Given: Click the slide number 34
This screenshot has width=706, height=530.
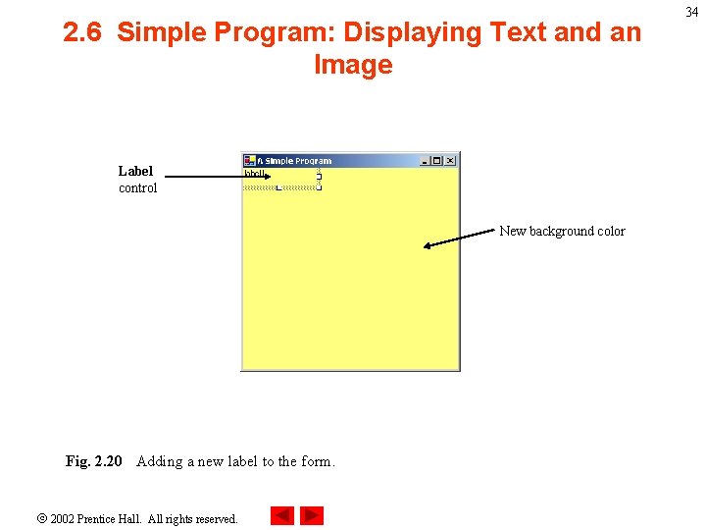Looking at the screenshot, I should pyautogui.click(x=692, y=12).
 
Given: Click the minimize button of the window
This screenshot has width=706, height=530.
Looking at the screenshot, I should pyautogui.click(x=425, y=161).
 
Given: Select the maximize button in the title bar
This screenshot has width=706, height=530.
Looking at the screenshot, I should pyautogui.click(x=437, y=161).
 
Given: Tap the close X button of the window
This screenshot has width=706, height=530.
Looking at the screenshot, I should pyautogui.click(x=450, y=161).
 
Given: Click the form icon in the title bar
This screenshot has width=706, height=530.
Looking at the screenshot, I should pyautogui.click(x=250, y=161).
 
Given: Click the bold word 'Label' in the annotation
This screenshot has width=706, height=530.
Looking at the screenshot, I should pyautogui.click(x=135, y=171).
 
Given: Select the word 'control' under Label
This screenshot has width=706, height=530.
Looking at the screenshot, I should pyautogui.click(x=137, y=187).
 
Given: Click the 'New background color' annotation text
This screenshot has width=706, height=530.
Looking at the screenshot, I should pyautogui.click(x=562, y=231).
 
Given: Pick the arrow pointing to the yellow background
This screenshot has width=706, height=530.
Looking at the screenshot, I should pyautogui.click(x=461, y=238).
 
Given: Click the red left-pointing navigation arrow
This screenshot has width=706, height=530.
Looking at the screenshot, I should pyautogui.click(x=281, y=515).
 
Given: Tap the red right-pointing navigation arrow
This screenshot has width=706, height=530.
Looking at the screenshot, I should pyautogui.click(x=312, y=515).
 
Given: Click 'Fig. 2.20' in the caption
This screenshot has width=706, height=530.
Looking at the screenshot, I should pyautogui.click(x=94, y=461).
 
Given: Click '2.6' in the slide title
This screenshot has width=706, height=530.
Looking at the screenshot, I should pyautogui.click(x=85, y=32).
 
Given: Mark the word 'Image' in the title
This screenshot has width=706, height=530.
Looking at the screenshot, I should pyautogui.click(x=353, y=65).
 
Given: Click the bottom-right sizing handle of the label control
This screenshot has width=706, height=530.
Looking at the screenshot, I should pyautogui.click(x=320, y=187).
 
